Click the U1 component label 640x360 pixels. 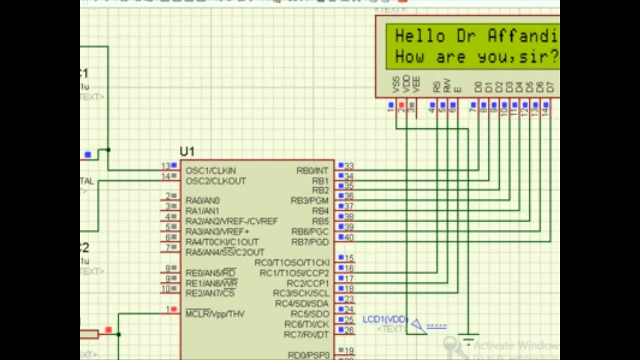pos(187,152)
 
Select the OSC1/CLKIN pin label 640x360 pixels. pos(210,171)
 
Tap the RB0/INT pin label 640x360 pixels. pos(312,171)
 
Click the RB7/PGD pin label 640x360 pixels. pos(310,242)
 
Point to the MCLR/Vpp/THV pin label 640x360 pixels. pos(215,314)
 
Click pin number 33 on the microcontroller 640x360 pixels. pos(349,166)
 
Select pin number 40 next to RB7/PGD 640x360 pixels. pos(349,238)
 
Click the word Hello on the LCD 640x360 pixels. pos(420,36)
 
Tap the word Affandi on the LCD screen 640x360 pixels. pos(523,36)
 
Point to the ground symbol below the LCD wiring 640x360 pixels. pos(468,340)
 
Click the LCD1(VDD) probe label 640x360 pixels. pos(385,320)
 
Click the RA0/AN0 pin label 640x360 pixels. pos(202,201)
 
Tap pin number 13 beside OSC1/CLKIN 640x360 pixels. pos(165,166)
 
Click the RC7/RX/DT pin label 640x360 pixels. pos(306,335)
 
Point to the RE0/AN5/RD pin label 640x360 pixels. pos(210,273)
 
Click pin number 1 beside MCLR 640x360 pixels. pos(168,310)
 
